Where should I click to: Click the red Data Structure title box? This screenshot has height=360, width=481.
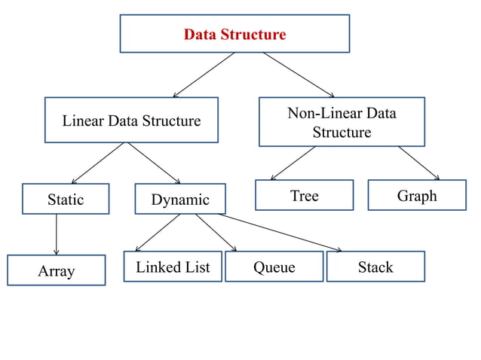coord(234,34)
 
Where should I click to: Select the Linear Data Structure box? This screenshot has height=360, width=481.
coord(131,121)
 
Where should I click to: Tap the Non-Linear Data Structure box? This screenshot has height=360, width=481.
coord(342,122)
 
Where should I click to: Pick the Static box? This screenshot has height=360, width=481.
coord(66,200)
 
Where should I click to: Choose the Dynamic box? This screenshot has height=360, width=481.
coord(180,200)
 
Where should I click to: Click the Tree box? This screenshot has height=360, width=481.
coord(304,196)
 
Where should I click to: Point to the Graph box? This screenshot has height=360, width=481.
coord(416,196)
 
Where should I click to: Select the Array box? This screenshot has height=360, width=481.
coord(56,271)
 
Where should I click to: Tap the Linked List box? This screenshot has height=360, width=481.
coord(173,267)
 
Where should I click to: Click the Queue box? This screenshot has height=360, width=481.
coord(274,267)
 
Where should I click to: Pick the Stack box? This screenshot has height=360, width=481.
coord(375,267)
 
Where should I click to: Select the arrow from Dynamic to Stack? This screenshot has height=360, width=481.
coord(280,233)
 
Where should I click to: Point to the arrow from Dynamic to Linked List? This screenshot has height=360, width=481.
coord(158,233)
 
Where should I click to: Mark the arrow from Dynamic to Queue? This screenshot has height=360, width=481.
coord(216,233)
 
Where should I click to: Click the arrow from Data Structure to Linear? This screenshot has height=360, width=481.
coord(204,75)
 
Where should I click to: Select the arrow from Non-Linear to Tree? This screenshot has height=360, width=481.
coord(293,163)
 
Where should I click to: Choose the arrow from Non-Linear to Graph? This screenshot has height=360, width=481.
coord(419,163)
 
